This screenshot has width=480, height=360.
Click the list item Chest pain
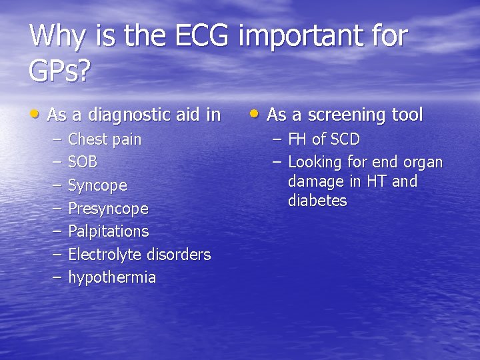[105, 140]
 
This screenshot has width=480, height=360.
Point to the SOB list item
[83, 162]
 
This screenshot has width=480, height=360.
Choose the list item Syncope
[97, 185]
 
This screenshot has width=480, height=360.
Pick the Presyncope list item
[108, 209]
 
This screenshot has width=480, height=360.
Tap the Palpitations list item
[108, 231]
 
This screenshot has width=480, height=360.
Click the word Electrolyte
[103, 255]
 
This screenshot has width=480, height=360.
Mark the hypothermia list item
[112, 277]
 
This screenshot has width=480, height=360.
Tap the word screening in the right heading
[339, 115]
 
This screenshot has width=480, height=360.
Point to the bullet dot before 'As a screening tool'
[256, 114]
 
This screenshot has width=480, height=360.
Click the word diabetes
[317, 201]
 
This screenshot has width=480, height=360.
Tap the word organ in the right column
[424, 162]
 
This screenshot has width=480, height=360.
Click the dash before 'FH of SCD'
[275, 139]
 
